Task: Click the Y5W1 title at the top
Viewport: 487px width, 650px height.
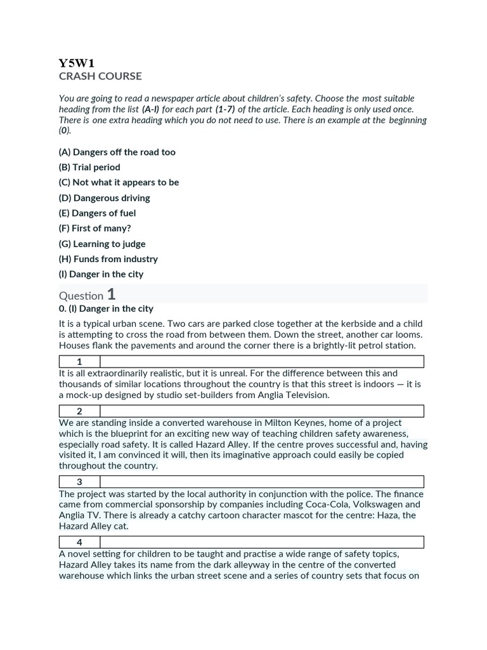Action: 76,63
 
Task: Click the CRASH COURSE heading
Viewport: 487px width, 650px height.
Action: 100,76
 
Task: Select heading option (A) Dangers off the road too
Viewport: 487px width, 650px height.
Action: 117,152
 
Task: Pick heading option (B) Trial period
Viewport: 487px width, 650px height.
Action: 89,168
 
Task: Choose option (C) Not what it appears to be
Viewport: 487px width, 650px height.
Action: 119,182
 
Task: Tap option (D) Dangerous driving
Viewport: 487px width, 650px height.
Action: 105,198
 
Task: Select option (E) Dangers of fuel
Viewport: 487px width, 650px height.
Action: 97,213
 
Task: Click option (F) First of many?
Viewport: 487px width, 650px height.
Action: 94,229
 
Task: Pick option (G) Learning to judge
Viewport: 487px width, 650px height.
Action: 102,244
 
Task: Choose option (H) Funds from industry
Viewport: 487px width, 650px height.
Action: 108,259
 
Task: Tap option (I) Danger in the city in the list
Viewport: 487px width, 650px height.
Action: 101,274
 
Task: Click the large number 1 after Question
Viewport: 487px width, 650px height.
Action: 112,295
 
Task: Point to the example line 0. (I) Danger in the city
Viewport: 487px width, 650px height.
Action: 106,308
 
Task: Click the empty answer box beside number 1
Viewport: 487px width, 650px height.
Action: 262,362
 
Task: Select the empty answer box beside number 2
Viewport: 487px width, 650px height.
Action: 262,411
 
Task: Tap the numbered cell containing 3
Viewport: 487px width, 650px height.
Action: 79,482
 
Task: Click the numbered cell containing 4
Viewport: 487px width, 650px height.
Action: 79,542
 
